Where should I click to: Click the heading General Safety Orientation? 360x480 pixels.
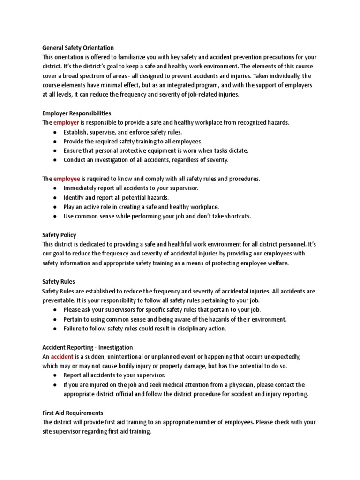coord(78,47)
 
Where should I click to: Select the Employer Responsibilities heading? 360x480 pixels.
coord(76,113)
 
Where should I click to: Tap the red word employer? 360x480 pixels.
coord(66,122)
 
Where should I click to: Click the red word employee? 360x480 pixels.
coord(67,179)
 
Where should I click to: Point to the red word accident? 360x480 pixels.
coord(62,357)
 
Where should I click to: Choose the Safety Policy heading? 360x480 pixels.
coord(59,235)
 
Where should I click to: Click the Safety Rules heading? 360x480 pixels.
coord(58,282)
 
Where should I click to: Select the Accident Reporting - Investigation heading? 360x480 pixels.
coord(88,347)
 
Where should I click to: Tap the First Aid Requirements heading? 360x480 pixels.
coord(73,413)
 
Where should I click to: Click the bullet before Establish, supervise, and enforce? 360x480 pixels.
coord(55,132)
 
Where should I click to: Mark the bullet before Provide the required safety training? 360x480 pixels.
coord(55,142)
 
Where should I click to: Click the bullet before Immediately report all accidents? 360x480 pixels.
coord(55,188)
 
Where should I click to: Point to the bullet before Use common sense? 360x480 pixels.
coord(55,217)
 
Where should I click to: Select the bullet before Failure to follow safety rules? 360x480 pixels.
coord(55,329)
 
